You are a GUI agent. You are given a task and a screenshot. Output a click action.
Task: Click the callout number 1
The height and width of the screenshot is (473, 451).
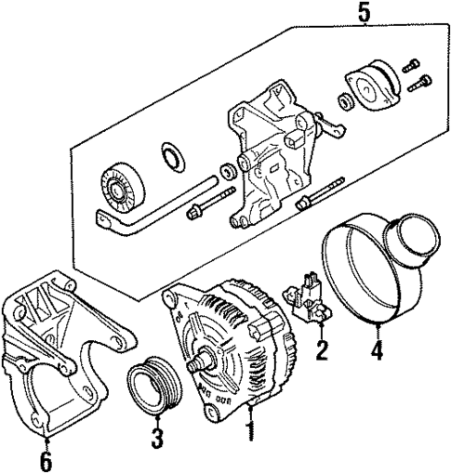tap(247, 431)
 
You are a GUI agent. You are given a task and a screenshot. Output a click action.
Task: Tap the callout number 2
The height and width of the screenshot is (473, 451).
tap(321, 350)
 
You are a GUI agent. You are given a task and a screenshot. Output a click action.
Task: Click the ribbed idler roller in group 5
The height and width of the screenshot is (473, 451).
tap(118, 186)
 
